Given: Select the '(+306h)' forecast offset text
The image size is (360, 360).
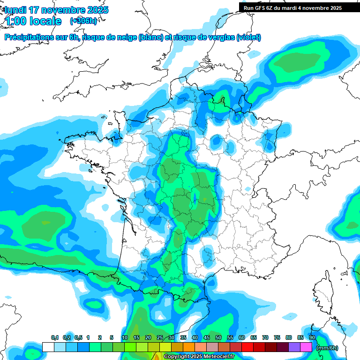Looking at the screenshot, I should (83, 21).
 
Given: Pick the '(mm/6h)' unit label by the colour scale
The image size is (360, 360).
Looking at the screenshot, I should (327, 348).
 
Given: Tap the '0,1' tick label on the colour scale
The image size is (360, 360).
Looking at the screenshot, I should (54, 338).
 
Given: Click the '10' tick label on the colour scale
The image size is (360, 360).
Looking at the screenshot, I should (125, 338).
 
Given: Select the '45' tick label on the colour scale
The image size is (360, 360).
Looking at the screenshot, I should (207, 338).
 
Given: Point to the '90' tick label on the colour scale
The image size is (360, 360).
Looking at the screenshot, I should (312, 338).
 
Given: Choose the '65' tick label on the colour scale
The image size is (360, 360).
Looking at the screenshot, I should (254, 338).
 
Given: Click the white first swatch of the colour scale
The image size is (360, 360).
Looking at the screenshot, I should (48, 347).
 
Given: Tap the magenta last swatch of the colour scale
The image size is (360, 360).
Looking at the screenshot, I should (306, 347).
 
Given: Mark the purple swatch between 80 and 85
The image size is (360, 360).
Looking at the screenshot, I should (294, 347).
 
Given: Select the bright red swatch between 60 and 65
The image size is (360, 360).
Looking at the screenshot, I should (247, 347).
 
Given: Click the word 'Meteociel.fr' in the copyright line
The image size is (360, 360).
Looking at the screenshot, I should (218, 356).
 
